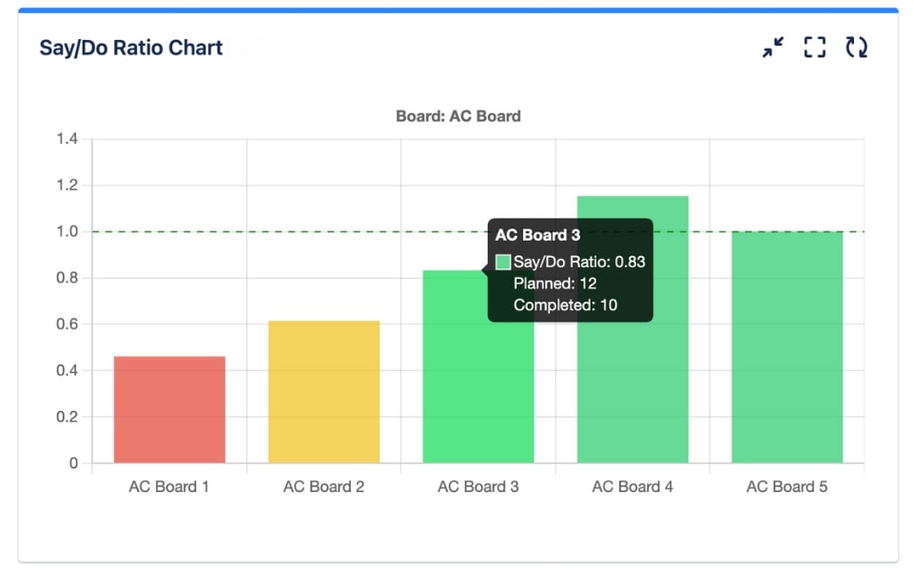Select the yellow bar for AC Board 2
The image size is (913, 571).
323,392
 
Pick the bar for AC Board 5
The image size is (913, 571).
787,347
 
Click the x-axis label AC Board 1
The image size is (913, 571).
169,487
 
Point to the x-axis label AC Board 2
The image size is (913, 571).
323,487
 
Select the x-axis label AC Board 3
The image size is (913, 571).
478,487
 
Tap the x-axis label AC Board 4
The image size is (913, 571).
632,487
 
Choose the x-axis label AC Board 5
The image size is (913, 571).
787,487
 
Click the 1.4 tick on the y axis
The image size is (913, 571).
67,139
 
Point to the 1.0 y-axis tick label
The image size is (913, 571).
67,232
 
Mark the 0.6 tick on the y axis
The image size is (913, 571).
67,325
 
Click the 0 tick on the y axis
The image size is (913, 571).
73,464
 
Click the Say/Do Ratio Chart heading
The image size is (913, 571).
131,48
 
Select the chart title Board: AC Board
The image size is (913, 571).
458,116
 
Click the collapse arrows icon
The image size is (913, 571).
773,48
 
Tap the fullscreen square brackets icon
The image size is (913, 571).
815,48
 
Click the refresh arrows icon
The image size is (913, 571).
857,48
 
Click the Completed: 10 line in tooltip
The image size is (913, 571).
565,305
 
